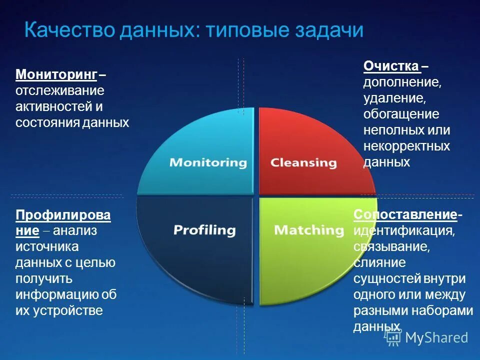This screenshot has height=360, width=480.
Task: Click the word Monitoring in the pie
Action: click(x=208, y=162)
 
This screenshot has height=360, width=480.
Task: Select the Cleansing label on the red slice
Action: click(x=303, y=162)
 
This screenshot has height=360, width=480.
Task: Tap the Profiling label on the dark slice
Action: click(x=204, y=230)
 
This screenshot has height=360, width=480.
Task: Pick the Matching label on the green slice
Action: click(x=309, y=230)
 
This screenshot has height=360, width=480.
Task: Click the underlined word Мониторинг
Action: click(x=56, y=75)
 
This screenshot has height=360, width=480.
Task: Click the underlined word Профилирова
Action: click(x=63, y=215)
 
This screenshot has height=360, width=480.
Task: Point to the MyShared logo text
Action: click(x=436, y=337)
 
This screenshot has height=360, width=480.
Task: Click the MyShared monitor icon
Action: click(x=393, y=337)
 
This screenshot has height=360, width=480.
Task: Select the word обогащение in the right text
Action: click(x=401, y=114)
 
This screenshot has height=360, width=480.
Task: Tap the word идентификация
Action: click(x=404, y=231)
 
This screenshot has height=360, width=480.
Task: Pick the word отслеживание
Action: click(x=59, y=91)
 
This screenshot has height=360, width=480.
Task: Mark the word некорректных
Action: click(x=406, y=146)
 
